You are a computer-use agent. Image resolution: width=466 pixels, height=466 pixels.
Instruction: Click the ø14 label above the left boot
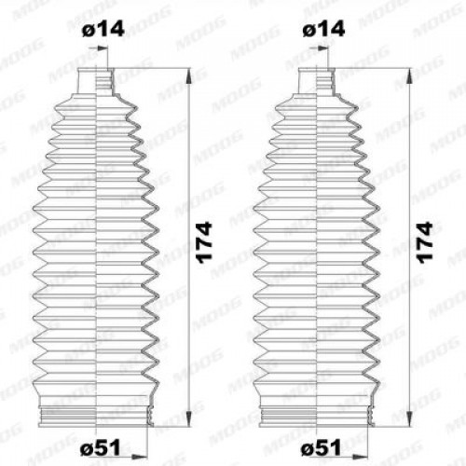(103, 29)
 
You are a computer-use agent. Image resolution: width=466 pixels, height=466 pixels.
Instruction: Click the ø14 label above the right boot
(323, 29)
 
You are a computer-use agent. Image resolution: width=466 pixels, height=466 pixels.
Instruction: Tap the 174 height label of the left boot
(205, 243)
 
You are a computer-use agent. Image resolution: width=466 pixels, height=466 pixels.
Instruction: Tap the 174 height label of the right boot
(425, 243)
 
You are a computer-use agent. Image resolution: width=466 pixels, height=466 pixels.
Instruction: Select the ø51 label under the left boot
(100, 448)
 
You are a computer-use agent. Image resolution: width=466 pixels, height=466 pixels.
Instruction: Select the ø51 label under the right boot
(321, 448)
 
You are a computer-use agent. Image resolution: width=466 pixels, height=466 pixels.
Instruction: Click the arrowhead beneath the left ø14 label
(102, 48)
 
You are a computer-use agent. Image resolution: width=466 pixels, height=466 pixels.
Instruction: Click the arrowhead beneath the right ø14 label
(322, 48)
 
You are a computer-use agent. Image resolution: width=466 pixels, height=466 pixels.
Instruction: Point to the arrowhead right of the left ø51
(140, 457)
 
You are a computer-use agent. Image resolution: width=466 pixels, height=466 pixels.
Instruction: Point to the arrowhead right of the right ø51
(361, 457)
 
